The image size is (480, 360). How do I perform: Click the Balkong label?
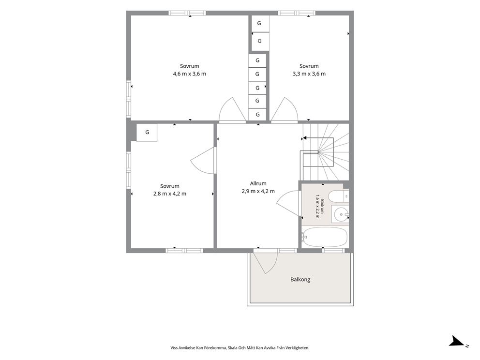tap(300, 280)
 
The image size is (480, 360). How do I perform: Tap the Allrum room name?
tap(258, 183)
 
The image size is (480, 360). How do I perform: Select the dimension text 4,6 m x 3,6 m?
tap(190, 74)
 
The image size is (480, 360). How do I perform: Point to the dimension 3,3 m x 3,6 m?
tap(309, 74)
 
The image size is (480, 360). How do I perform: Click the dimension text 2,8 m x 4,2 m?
tap(169, 194)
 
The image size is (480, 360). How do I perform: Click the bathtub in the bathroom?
tap(325, 237)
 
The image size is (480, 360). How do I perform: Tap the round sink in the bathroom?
tap(341, 214)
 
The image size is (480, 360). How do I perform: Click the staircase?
tap(325, 152)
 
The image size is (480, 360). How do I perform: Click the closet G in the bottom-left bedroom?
tap(147, 133)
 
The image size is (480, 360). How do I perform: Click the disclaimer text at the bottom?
tap(240, 348)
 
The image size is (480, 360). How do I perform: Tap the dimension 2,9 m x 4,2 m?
tap(258, 191)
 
